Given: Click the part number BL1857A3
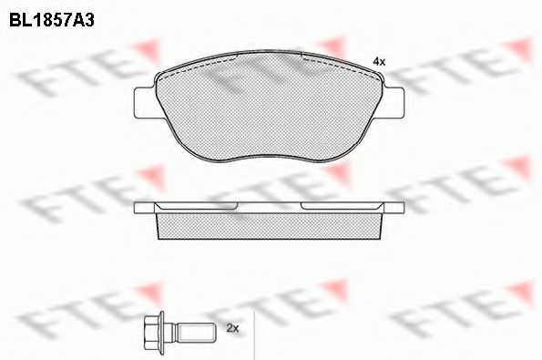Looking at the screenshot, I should (53, 15).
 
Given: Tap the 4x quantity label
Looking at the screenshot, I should (379, 61).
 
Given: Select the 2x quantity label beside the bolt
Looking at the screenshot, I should (230, 326).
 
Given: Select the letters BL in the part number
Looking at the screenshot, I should (19, 15).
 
